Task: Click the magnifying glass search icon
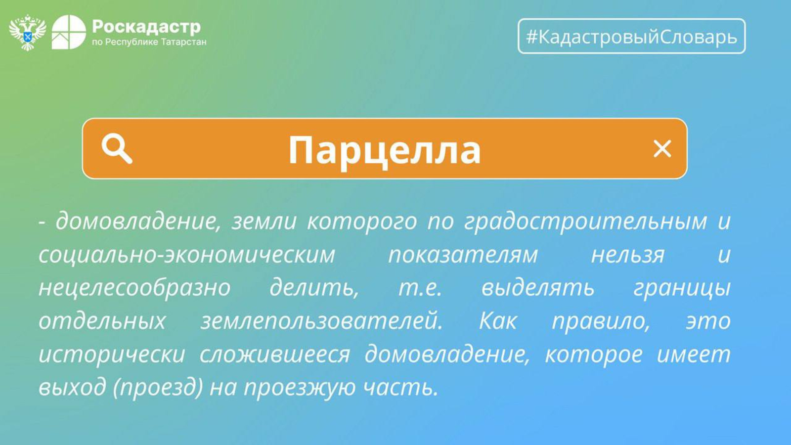[x=117, y=149]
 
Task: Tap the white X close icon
[x=662, y=149]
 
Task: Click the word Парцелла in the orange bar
[x=385, y=151]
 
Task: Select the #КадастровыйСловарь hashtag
[x=631, y=37]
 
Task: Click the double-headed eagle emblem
[x=28, y=33]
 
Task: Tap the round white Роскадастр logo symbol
[x=69, y=32]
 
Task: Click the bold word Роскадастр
[x=146, y=27]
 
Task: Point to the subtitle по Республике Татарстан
[x=149, y=43]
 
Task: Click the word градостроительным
[x=585, y=222]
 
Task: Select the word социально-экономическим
[x=187, y=254]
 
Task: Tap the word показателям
[x=463, y=255]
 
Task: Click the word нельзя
[x=628, y=255]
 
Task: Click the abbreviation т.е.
[x=420, y=288]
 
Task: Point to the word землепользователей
[x=322, y=321]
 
